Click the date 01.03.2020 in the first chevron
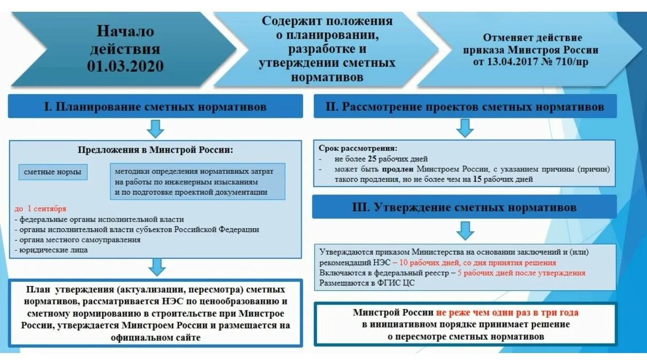[x=126, y=67]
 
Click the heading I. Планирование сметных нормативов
[x=155, y=106]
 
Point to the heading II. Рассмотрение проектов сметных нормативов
[x=464, y=106]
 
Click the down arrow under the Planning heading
[x=155, y=128]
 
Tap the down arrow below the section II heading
[x=465, y=128]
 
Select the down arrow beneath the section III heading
[x=465, y=230]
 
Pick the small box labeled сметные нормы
[x=53, y=172]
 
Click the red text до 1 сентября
[x=41, y=209]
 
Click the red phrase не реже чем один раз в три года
[x=507, y=313]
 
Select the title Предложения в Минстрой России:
[x=156, y=150]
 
